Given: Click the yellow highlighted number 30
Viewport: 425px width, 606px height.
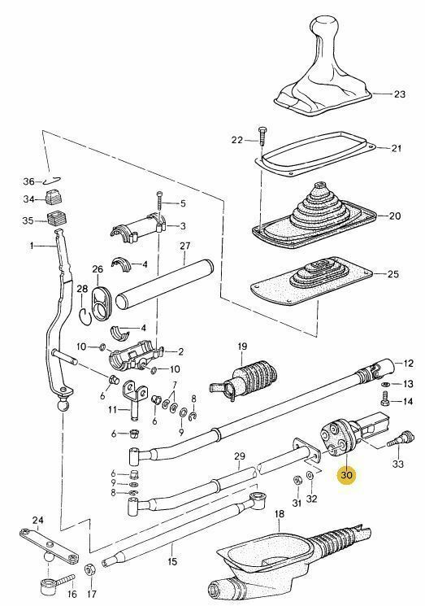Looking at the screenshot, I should pos(347,473).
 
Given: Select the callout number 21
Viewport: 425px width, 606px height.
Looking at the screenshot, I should pos(397,148).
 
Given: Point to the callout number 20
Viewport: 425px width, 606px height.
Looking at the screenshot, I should pos(395,216).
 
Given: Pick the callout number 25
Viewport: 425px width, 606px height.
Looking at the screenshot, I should pos(393,274).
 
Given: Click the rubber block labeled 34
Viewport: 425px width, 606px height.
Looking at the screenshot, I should pos(55,198).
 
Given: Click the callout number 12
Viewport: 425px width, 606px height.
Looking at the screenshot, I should pos(410,363).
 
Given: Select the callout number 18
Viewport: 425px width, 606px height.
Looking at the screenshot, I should pos(279,514).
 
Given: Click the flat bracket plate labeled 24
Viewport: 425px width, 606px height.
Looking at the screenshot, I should pos(50,541).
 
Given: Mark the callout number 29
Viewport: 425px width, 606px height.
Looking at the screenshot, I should pos(240,456).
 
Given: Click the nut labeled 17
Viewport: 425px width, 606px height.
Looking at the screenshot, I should pos(91,568).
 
